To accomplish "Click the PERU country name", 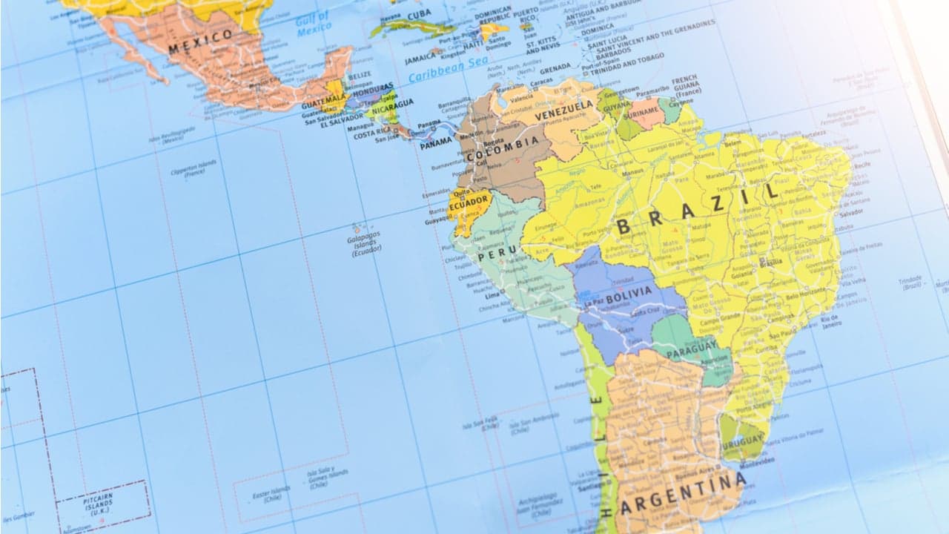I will point(496,256).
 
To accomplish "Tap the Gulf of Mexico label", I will point(313,24).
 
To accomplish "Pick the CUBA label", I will point(419,15).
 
